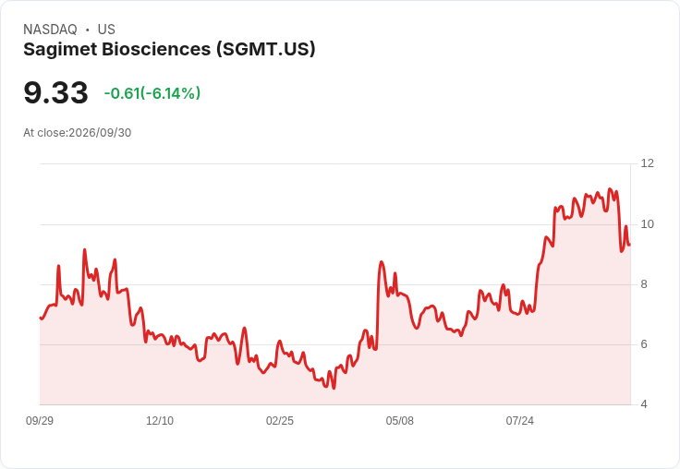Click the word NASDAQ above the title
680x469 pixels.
(50, 30)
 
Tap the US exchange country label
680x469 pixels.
(106, 30)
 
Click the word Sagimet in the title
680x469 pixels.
(60, 50)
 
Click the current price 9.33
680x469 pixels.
(56, 92)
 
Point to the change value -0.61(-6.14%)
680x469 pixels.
(152, 92)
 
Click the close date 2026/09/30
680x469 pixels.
(100, 133)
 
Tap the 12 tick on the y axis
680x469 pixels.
(648, 163)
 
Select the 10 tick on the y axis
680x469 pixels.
(648, 224)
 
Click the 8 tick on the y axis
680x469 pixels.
(644, 284)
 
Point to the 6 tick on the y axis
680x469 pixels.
(644, 344)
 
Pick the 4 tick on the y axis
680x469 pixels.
(644, 404)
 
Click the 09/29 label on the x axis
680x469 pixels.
(40, 421)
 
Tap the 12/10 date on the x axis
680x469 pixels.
(160, 421)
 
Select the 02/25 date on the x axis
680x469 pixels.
(280, 421)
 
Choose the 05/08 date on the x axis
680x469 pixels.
(399, 421)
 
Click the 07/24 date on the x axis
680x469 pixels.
(519, 421)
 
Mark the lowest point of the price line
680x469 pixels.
(334, 389)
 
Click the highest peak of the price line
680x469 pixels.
(610, 189)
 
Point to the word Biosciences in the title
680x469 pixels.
(156, 50)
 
